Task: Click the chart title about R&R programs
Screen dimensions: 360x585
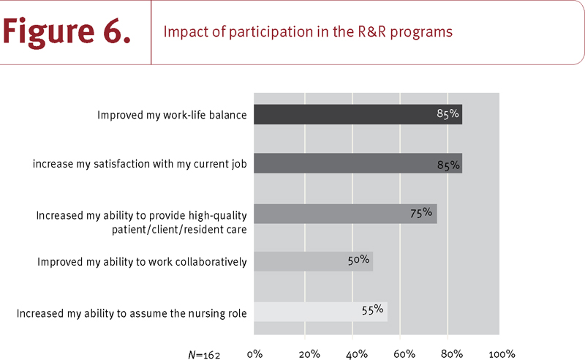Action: (x=308, y=32)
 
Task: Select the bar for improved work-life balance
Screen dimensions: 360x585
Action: (x=358, y=114)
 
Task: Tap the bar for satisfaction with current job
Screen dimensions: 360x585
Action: (x=358, y=163)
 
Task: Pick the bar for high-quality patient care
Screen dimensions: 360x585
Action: (x=345, y=214)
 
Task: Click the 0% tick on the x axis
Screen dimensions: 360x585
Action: (x=255, y=354)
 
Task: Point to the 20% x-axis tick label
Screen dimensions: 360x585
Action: (x=309, y=354)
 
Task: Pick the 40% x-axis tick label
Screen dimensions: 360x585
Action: (x=357, y=354)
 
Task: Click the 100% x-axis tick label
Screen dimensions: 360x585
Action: (x=502, y=354)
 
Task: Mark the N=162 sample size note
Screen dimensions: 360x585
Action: (x=204, y=354)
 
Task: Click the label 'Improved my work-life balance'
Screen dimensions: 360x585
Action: (x=172, y=115)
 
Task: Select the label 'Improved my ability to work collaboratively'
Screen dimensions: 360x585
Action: (x=141, y=262)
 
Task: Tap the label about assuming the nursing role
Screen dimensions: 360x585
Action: (x=131, y=314)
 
